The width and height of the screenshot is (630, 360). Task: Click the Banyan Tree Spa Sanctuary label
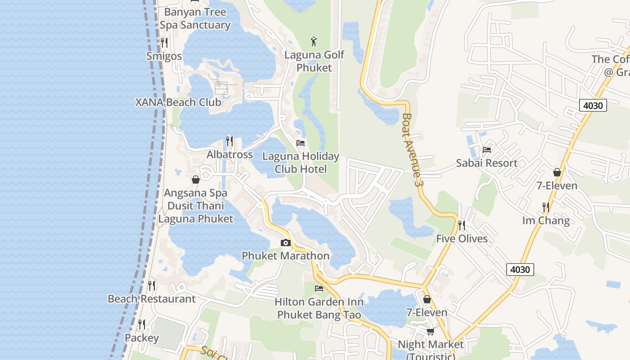[x=195, y=18]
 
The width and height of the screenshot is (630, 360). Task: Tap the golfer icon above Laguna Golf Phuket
[x=314, y=42]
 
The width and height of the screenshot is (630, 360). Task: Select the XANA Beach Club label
[x=179, y=102]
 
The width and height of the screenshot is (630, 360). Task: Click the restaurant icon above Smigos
[x=164, y=43]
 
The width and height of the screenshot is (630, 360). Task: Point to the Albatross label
[x=229, y=154]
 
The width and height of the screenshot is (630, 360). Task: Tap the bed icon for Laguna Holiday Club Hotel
[x=301, y=143]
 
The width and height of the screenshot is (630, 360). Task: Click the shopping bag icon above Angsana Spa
[x=196, y=180]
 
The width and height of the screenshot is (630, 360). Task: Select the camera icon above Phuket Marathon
[x=285, y=243]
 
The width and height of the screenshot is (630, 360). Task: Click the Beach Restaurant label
[x=152, y=299]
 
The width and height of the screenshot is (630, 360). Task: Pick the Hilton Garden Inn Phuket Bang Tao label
[x=319, y=308]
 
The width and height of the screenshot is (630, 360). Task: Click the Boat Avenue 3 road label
[x=413, y=150]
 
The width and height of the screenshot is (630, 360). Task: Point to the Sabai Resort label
[x=486, y=163]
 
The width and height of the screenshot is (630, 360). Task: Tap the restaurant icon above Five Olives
[x=462, y=225]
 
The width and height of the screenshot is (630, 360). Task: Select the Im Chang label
[x=546, y=220]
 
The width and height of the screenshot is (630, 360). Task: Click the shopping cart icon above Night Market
[x=430, y=332]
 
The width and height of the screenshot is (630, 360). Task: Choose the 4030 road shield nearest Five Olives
[x=520, y=270]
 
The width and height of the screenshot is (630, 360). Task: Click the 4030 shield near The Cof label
[x=593, y=105]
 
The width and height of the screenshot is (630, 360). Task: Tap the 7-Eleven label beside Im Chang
[x=557, y=185]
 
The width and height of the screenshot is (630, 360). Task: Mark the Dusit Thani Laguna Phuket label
[x=196, y=212]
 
